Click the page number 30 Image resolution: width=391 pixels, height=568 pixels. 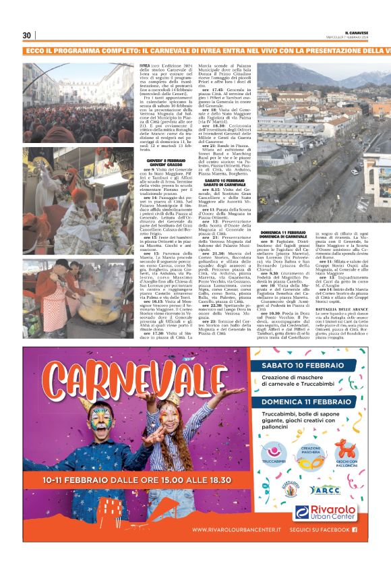[27, 35]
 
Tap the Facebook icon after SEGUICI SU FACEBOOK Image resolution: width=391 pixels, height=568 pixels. [355, 530]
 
